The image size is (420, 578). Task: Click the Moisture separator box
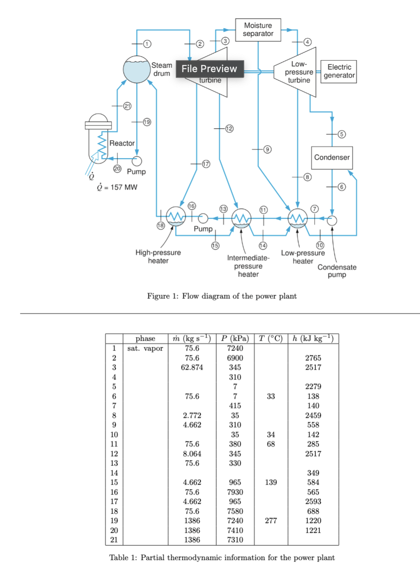(x=258, y=30)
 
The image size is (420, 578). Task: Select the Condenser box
(x=332, y=158)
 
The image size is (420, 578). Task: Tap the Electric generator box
(x=339, y=71)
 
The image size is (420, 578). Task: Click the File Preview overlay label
(x=210, y=69)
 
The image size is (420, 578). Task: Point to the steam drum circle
(x=137, y=69)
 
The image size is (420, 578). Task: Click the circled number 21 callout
(x=127, y=106)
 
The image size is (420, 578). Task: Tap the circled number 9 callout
(x=267, y=149)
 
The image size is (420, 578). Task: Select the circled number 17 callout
(x=206, y=164)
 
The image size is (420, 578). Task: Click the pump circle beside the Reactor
(x=137, y=160)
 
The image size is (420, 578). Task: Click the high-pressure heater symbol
(x=176, y=217)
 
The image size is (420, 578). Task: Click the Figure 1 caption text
(x=222, y=296)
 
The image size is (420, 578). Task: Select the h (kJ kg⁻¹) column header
(x=313, y=338)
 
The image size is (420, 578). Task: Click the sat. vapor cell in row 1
(x=145, y=348)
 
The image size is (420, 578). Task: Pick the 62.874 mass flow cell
(x=192, y=367)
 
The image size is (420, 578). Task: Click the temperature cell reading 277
(x=271, y=521)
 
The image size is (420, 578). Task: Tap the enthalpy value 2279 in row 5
(x=313, y=387)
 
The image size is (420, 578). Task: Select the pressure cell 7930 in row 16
(x=235, y=492)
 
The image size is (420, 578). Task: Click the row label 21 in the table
(x=114, y=540)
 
